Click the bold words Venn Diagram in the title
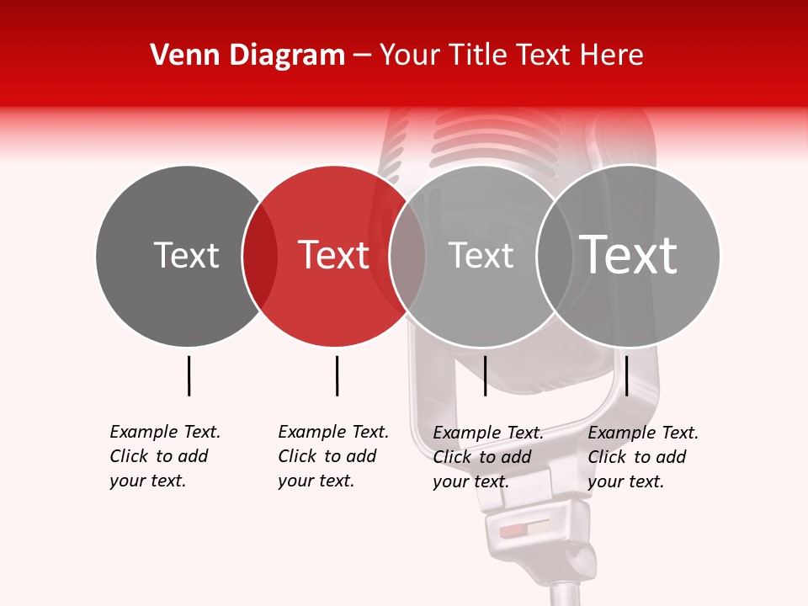(x=247, y=56)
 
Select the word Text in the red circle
(x=334, y=255)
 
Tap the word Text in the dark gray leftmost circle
(x=186, y=255)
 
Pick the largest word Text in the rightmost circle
(x=629, y=255)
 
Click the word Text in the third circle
(x=481, y=255)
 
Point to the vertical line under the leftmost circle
(x=189, y=375)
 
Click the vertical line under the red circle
(x=337, y=375)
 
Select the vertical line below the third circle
(x=485, y=375)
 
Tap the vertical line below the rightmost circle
(x=626, y=375)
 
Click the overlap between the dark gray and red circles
(x=260, y=256)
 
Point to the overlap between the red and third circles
(x=407, y=256)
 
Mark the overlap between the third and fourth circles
(x=554, y=256)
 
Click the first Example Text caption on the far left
(x=164, y=456)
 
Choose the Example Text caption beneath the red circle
(x=332, y=456)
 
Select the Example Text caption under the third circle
(x=487, y=457)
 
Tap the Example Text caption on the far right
(x=642, y=457)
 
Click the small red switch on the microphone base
(x=512, y=531)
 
